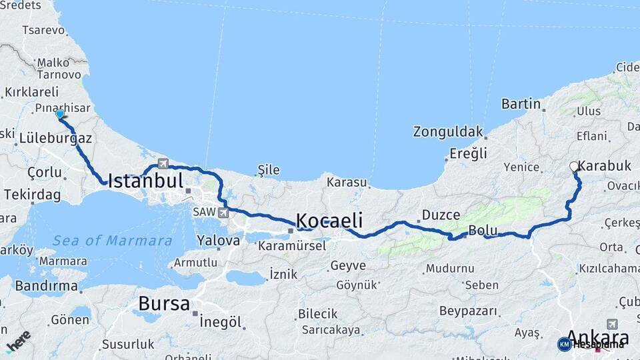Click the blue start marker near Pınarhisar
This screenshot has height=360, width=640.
pyautogui.click(x=60, y=114)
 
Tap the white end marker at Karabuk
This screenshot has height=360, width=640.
pyautogui.click(x=574, y=167)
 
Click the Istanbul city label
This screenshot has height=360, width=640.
pyautogui.click(x=145, y=181)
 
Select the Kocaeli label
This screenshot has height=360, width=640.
pyautogui.click(x=329, y=220)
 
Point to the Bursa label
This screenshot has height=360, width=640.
pyautogui.click(x=164, y=304)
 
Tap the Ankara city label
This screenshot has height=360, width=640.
pyautogui.click(x=597, y=337)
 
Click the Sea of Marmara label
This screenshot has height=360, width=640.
pyautogui.click(x=113, y=241)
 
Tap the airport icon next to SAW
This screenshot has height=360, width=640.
pyautogui.click(x=223, y=213)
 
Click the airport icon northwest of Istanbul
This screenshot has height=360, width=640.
pyautogui.click(x=163, y=163)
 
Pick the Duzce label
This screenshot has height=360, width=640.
pyautogui.click(x=441, y=215)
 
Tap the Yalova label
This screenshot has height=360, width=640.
pyautogui.click(x=219, y=240)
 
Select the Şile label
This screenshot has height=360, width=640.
pyautogui.click(x=269, y=170)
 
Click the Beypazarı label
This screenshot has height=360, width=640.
pyautogui.click(x=469, y=311)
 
